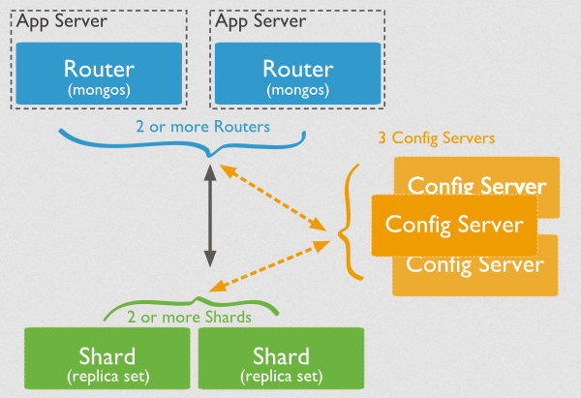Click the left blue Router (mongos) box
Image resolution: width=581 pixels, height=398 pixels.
coord(99,74)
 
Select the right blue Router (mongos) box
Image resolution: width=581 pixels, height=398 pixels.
coord(298,74)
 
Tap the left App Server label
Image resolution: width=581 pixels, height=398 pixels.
coord(62,21)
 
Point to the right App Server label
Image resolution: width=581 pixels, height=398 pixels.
coord(260,21)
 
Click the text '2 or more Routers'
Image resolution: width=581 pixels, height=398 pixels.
coord(202,127)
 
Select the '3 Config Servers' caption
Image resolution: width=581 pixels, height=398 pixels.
coord(437,138)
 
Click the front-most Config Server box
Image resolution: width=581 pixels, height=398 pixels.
coord(455,226)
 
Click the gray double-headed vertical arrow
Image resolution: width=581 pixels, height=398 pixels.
coord(210,216)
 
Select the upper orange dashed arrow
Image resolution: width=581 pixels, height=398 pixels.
coord(273,198)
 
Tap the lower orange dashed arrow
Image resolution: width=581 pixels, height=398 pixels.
coord(269,265)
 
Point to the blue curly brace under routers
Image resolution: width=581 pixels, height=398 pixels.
coord(210,154)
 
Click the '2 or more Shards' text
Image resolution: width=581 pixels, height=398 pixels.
coord(190,318)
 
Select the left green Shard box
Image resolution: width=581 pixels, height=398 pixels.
coord(107,358)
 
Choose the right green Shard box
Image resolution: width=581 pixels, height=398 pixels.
coord(281,358)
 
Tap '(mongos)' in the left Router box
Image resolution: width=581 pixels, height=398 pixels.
coord(99,90)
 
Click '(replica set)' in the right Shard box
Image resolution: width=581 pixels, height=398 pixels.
coord(282,377)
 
